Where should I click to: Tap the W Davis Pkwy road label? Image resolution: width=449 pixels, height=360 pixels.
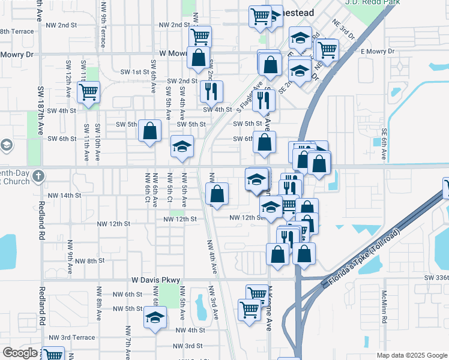156,280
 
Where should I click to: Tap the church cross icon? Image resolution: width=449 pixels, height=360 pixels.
39,176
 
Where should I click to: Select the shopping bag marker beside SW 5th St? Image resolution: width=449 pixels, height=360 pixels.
149,130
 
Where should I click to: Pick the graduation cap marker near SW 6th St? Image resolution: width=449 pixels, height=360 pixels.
182,146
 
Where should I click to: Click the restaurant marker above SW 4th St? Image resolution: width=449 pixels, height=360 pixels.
211,91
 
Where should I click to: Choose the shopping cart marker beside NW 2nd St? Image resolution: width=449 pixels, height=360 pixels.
200,36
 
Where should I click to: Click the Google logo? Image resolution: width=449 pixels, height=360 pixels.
20,353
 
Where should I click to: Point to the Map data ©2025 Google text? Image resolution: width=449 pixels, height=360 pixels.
412,355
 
